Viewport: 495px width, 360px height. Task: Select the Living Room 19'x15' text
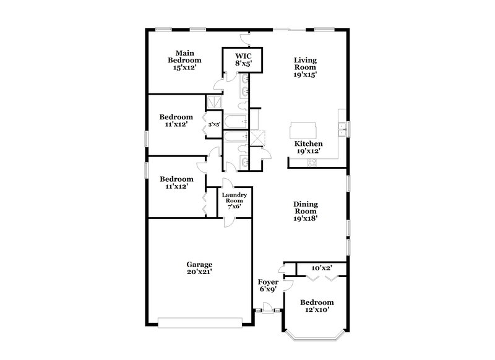305,67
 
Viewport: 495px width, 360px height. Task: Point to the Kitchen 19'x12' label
308,147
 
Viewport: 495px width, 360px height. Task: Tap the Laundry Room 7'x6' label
235,201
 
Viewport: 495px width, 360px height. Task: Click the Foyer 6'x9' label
267,285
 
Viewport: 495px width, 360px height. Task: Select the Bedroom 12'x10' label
317,306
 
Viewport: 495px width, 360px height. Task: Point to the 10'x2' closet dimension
322,268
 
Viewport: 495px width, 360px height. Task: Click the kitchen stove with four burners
312,163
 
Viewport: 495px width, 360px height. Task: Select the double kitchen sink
341,129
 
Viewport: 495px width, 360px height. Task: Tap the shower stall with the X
257,137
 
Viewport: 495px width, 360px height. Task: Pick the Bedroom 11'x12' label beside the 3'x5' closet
176,120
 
